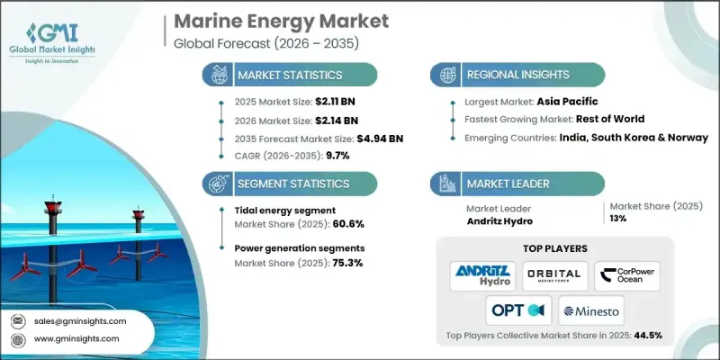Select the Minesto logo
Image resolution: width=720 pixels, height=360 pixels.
click(x=592, y=310)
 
